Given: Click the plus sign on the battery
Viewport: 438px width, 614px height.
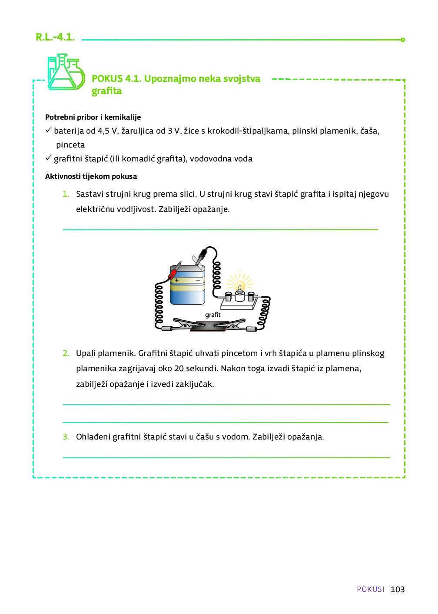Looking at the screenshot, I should pyautogui.click(x=177, y=280).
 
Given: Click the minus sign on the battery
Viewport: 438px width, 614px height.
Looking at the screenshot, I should pyautogui.click(x=198, y=280).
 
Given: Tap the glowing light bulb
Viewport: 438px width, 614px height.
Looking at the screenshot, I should pyautogui.click(x=239, y=286).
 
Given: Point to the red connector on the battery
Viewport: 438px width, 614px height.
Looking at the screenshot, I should pyautogui.click(x=173, y=273).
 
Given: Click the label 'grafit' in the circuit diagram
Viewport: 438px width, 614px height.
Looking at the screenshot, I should pyautogui.click(x=213, y=315).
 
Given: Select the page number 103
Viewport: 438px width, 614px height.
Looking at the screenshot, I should pyautogui.click(x=398, y=589).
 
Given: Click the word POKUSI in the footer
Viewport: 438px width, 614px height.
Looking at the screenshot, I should pyautogui.click(x=371, y=589).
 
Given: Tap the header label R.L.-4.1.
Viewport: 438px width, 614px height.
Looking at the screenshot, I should pyautogui.click(x=55, y=37).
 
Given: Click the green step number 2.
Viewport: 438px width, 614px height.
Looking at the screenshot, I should pyautogui.click(x=66, y=353).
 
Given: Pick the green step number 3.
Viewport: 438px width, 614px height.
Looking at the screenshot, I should pyautogui.click(x=66, y=436).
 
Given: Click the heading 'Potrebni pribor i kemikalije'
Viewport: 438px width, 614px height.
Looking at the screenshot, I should pyautogui.click(x=93, y=117).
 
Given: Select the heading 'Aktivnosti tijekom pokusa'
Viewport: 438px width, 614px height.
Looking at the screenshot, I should pyautogui.click(x=91, y=176).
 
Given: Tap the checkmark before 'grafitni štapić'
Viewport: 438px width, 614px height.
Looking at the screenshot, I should pyautogui.click(x=48, y=158).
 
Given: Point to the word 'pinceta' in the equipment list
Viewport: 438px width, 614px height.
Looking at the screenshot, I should pyautogui.click(x=70, y=145).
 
